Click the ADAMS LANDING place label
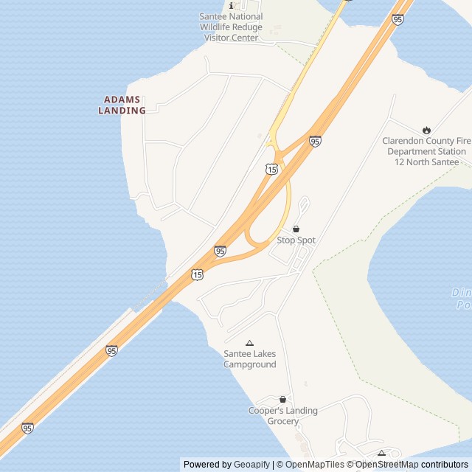(x=122, y=105)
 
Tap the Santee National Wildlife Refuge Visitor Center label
(x=231, y=27)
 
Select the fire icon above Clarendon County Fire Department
(x=426, y=131)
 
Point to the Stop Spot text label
(x=296, y=240)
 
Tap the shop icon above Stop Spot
(x=296, y=229)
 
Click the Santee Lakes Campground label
(x=249, y=359)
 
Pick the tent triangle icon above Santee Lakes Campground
(x=249, y=343)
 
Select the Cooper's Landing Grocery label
(x=282, y=416)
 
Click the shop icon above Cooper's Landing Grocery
(x=282, y=399)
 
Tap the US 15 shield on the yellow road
(x=272, y=170)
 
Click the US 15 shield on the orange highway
(x=196, y=274)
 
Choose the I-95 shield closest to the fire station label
(x=315, y=140)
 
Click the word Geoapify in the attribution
(x=252, y=465)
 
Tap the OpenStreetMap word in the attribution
(x=387, y=465)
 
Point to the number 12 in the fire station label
(x=400, y=162)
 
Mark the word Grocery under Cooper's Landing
(x=282, y=421)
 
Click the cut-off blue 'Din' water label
(x=462, y=293)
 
